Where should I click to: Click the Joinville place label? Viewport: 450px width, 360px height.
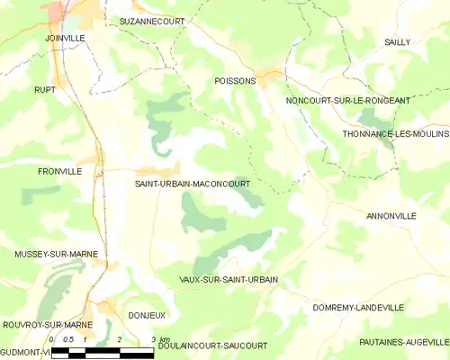pos(65,39)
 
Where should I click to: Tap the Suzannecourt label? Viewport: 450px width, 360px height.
pos(147,19)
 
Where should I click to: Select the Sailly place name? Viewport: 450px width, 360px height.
pos(397,42)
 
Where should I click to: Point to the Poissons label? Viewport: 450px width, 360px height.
pos(235,81)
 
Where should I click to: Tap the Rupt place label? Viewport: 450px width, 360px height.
pos(45,90)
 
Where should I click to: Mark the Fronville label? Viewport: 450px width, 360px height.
pos(59,171)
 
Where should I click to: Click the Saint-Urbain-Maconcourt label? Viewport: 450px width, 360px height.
pos(192,184)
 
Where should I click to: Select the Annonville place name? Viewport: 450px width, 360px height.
pos(391,217)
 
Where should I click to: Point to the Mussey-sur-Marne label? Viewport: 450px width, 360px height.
pos(55,255)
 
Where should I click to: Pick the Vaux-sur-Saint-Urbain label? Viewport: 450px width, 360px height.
pos(229,280)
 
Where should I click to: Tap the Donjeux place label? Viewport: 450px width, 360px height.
pos(147,316)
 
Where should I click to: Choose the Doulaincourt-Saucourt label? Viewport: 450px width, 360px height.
pos(212,346)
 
